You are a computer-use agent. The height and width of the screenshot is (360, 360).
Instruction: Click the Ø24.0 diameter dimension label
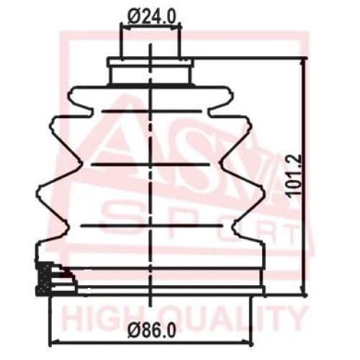(x=152, y=17)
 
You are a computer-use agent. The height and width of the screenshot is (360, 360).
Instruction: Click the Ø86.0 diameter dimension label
(x=152, y=330)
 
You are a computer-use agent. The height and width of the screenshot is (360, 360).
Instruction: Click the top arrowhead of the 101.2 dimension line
(x=305, y=62)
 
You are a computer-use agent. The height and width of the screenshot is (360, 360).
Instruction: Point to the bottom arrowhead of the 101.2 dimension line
(x=305, y=291)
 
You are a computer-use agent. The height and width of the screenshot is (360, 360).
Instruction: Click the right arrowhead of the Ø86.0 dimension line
(x=247, y=342)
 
